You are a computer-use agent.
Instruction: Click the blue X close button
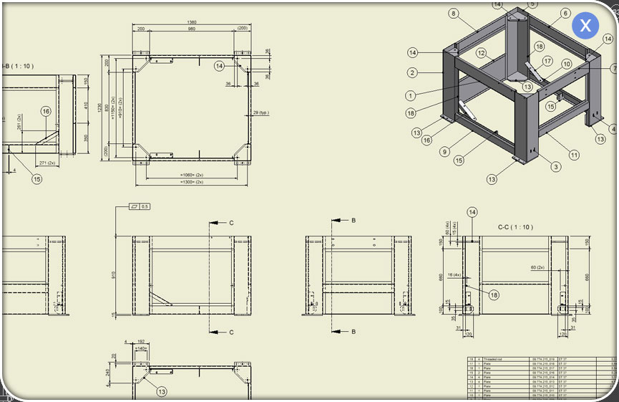pyautogui.click(x=585, y=27)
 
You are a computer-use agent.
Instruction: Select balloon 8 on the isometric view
pyautogui.click(x=453, y=13)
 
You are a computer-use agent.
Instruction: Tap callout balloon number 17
pyautogui.click(x=547, y=62)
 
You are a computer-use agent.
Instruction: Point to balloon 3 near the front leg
pyautogui.click(x=555, y=167)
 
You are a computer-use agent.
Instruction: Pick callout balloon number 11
pyautogui.click(x=574, y=155)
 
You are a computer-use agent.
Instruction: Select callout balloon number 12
pyautogui.click(x=482, y=53)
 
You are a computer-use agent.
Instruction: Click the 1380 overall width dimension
pyautogui.click(x=192, y=22)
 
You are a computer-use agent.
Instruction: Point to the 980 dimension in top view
pyautogui.click(x=192, y=29)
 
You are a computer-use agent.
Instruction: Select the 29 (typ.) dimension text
pyautogui.click(x=261, y=113)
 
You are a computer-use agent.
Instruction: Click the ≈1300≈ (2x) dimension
pyautogui.click(x=192, y=182)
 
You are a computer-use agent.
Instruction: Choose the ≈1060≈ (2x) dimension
pyautogui.click(x=192, y=175)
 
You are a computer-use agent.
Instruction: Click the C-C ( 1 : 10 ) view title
pyautogui.click(x=515, y=227)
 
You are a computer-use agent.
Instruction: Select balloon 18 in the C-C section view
pyautogui.click(x=494, y=294)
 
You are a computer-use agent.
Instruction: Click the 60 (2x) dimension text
pyautogui.click(x=537, y=267)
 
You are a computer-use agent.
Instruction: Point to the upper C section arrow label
pyautogui.click(x=231, y=223)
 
